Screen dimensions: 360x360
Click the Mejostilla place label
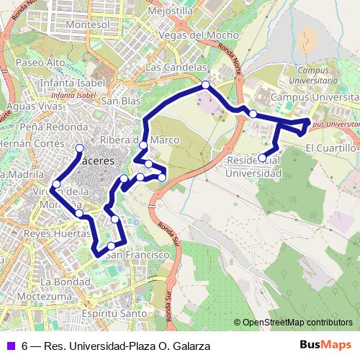pyautogui.click(x=170, y=12)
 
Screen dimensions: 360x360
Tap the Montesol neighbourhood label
pyautogui.click(x=87, y=24)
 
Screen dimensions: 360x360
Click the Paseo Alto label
pyautogui.click(x=40, y=63)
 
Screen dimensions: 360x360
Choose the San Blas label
pyautogui.click(x=120, y=102)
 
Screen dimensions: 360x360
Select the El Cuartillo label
pyautogui.click(x=330, y=148)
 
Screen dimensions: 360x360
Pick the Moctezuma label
pyautogui.click(x=46, y=296)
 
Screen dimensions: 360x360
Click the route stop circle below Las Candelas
pyautogui.click(x=206, y=85)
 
